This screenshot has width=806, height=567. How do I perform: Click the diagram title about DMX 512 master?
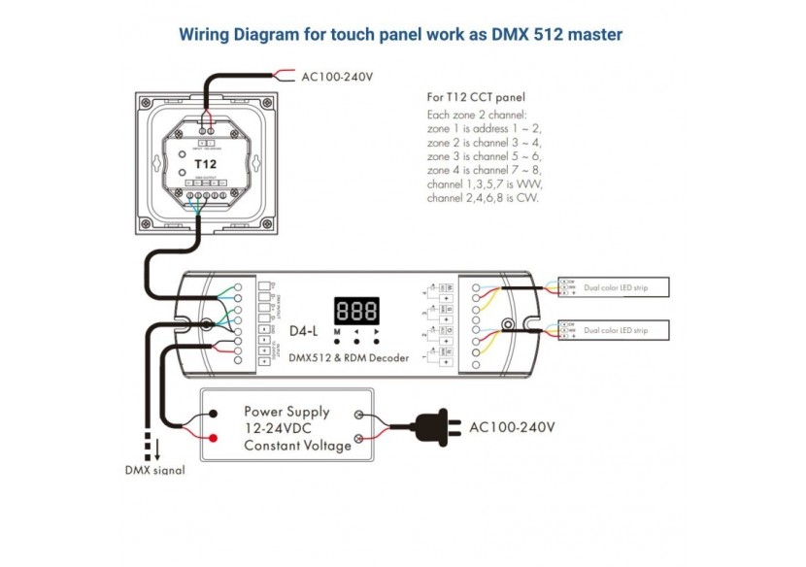point(401,35)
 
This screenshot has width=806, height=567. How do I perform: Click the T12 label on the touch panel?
point(205,163)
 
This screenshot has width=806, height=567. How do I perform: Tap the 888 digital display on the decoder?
point(356,312)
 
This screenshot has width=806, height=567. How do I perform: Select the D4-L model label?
point(304,331)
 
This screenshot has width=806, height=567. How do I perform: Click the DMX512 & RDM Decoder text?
point(350,357)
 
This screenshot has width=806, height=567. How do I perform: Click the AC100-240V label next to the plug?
point(512,426)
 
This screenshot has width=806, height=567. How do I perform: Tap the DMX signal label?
point(154,471)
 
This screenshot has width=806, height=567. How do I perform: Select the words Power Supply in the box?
point(286,411)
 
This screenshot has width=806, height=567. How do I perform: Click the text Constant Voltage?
point(297,446)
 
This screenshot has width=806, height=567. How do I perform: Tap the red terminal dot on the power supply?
point(212,439)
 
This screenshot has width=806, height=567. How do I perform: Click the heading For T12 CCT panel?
point(476,97)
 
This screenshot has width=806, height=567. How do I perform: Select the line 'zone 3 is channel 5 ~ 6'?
point(484,156)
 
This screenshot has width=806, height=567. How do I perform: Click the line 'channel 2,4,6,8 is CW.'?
point(483,198)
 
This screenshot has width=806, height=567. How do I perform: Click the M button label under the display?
point(337,332)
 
